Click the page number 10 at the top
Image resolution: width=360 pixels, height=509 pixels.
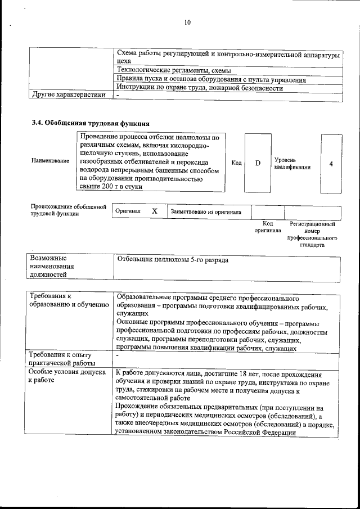tap(187, 22)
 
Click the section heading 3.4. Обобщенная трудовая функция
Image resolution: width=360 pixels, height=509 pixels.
tap(90, 123)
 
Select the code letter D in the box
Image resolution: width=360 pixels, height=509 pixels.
tap(258, 163)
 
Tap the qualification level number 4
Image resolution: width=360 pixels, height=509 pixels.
tap(331, 163)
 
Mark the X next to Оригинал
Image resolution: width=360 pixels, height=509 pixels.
tap(155, 211)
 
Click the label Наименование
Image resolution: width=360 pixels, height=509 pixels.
tap(51, 161)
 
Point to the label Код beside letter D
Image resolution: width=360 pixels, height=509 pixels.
tap(236, 163)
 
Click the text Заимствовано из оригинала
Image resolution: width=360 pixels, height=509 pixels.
tap(206, 212)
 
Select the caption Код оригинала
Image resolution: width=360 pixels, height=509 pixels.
tap(267, 227)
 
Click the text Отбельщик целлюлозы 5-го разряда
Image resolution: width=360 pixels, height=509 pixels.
tap(172, 260)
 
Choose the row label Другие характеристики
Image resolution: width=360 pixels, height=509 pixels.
tap(69, 94)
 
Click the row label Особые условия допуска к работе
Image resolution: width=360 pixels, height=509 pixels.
tap(67, 376)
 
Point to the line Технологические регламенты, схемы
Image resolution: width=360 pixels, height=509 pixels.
tap(169, 70)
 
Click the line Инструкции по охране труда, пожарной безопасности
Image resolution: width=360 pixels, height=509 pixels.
tap(199, 88)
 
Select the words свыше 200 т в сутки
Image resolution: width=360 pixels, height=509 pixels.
tap(111, 186)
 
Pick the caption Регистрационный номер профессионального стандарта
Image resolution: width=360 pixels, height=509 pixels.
tap(312, 235)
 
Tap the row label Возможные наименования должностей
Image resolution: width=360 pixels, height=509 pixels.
tap(52, 265)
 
